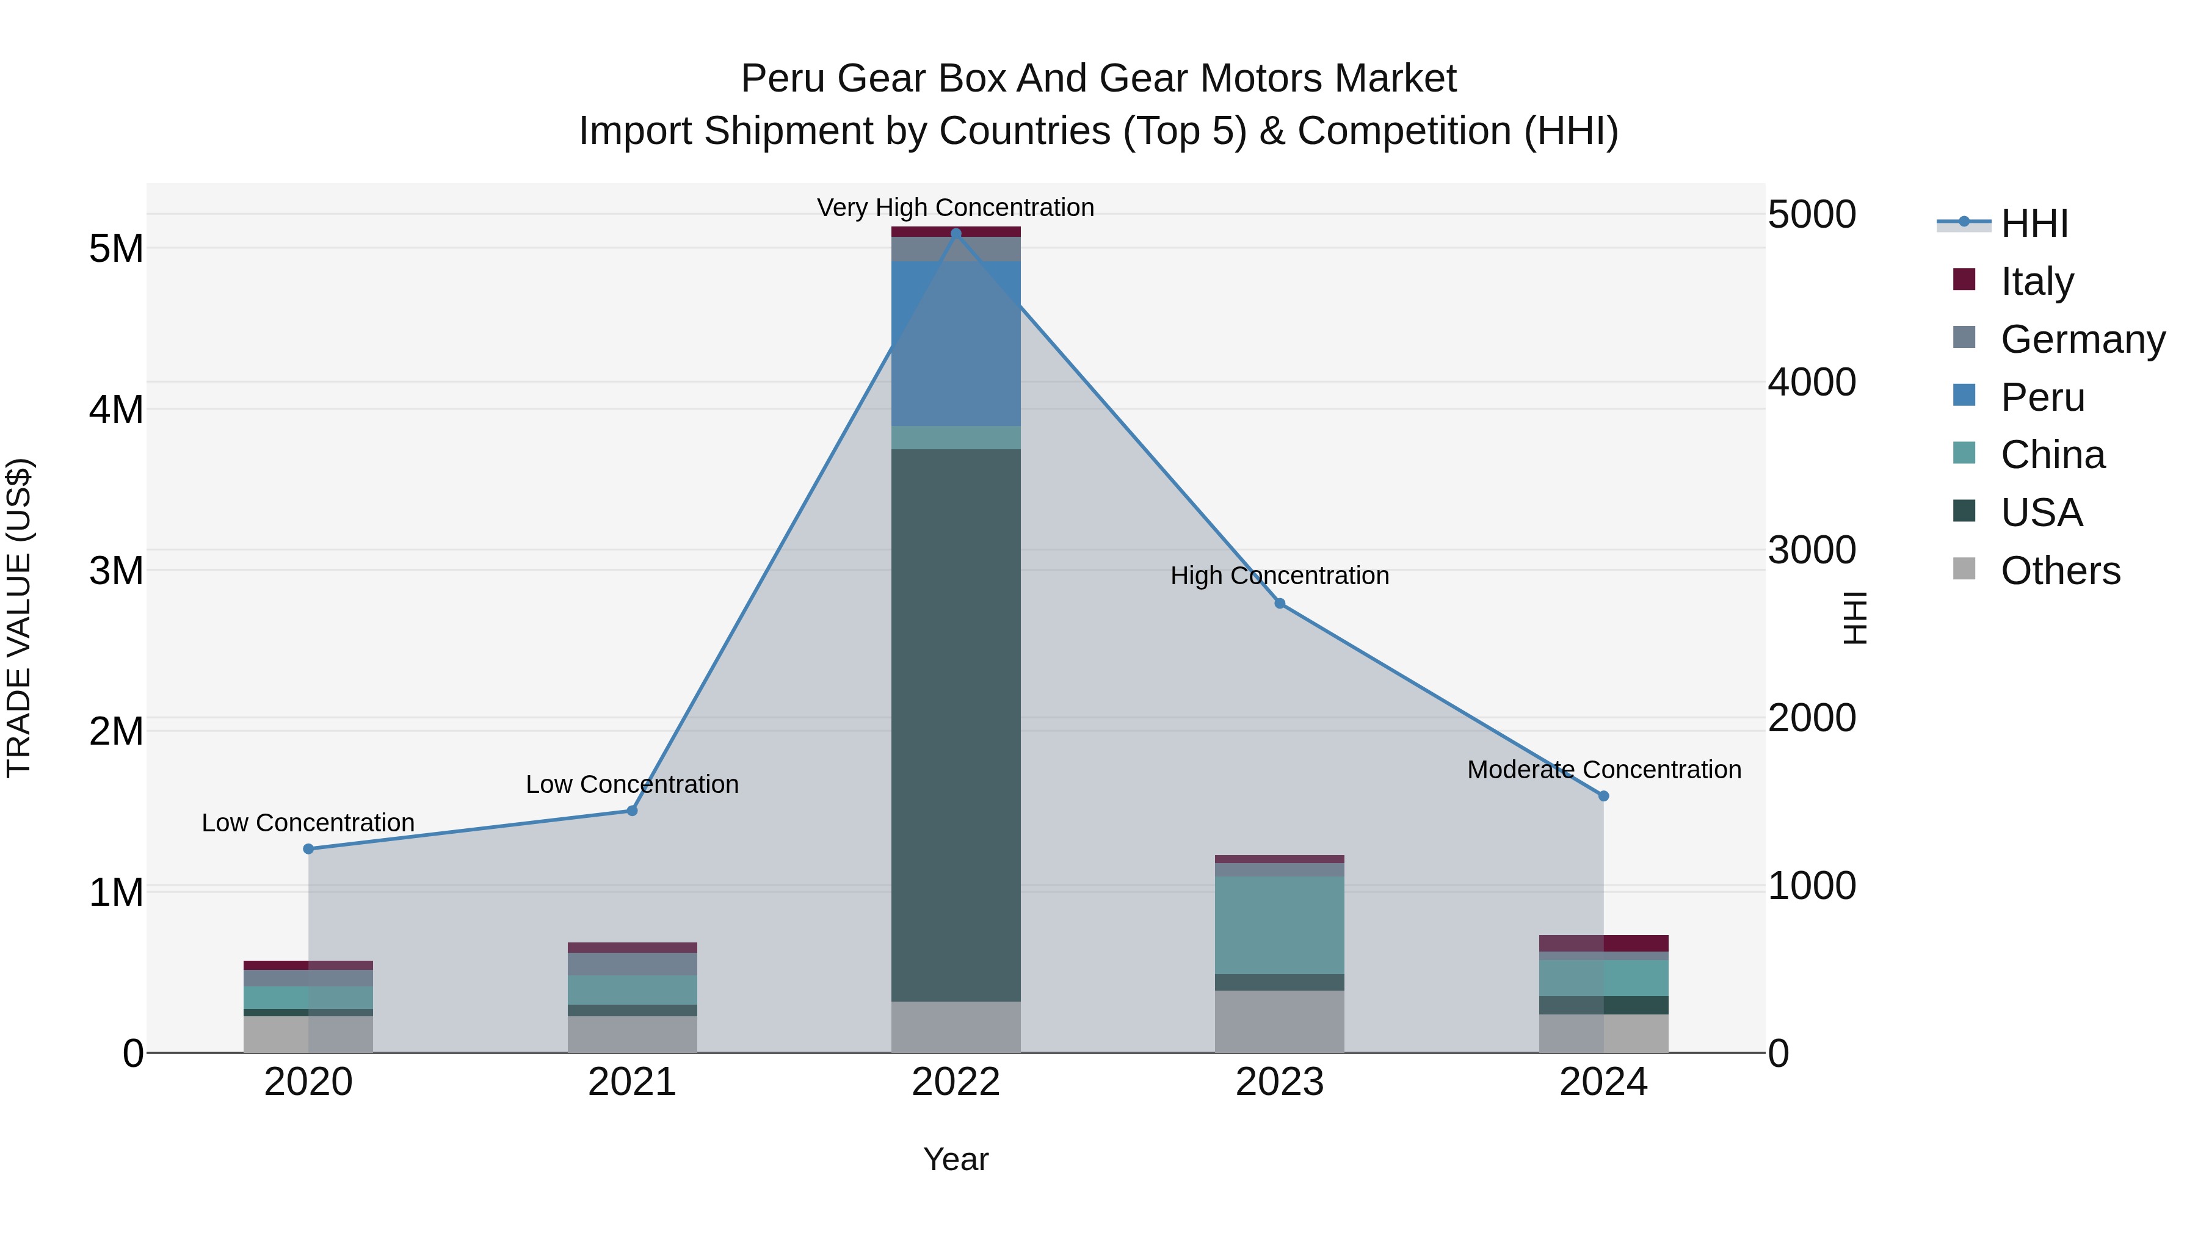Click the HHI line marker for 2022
point(956,233)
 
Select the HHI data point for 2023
point(1280,604)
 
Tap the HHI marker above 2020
point(309,849)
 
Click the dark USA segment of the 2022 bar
point(956,725)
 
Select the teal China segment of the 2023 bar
point(1280,925)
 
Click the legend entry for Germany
point(2082,339)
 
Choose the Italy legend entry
point(2037,281)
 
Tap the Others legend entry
point(2060,571)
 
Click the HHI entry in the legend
point(2034,223)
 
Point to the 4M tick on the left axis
point(116,410)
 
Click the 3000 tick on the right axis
point(1812,550)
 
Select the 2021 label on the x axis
point(633,1082)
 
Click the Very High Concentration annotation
point(956,208)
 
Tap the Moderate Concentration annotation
point(1604,770)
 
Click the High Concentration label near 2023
point(1280,576)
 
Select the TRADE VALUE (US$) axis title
point(19,618)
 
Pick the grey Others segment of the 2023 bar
point(1280,1021)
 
